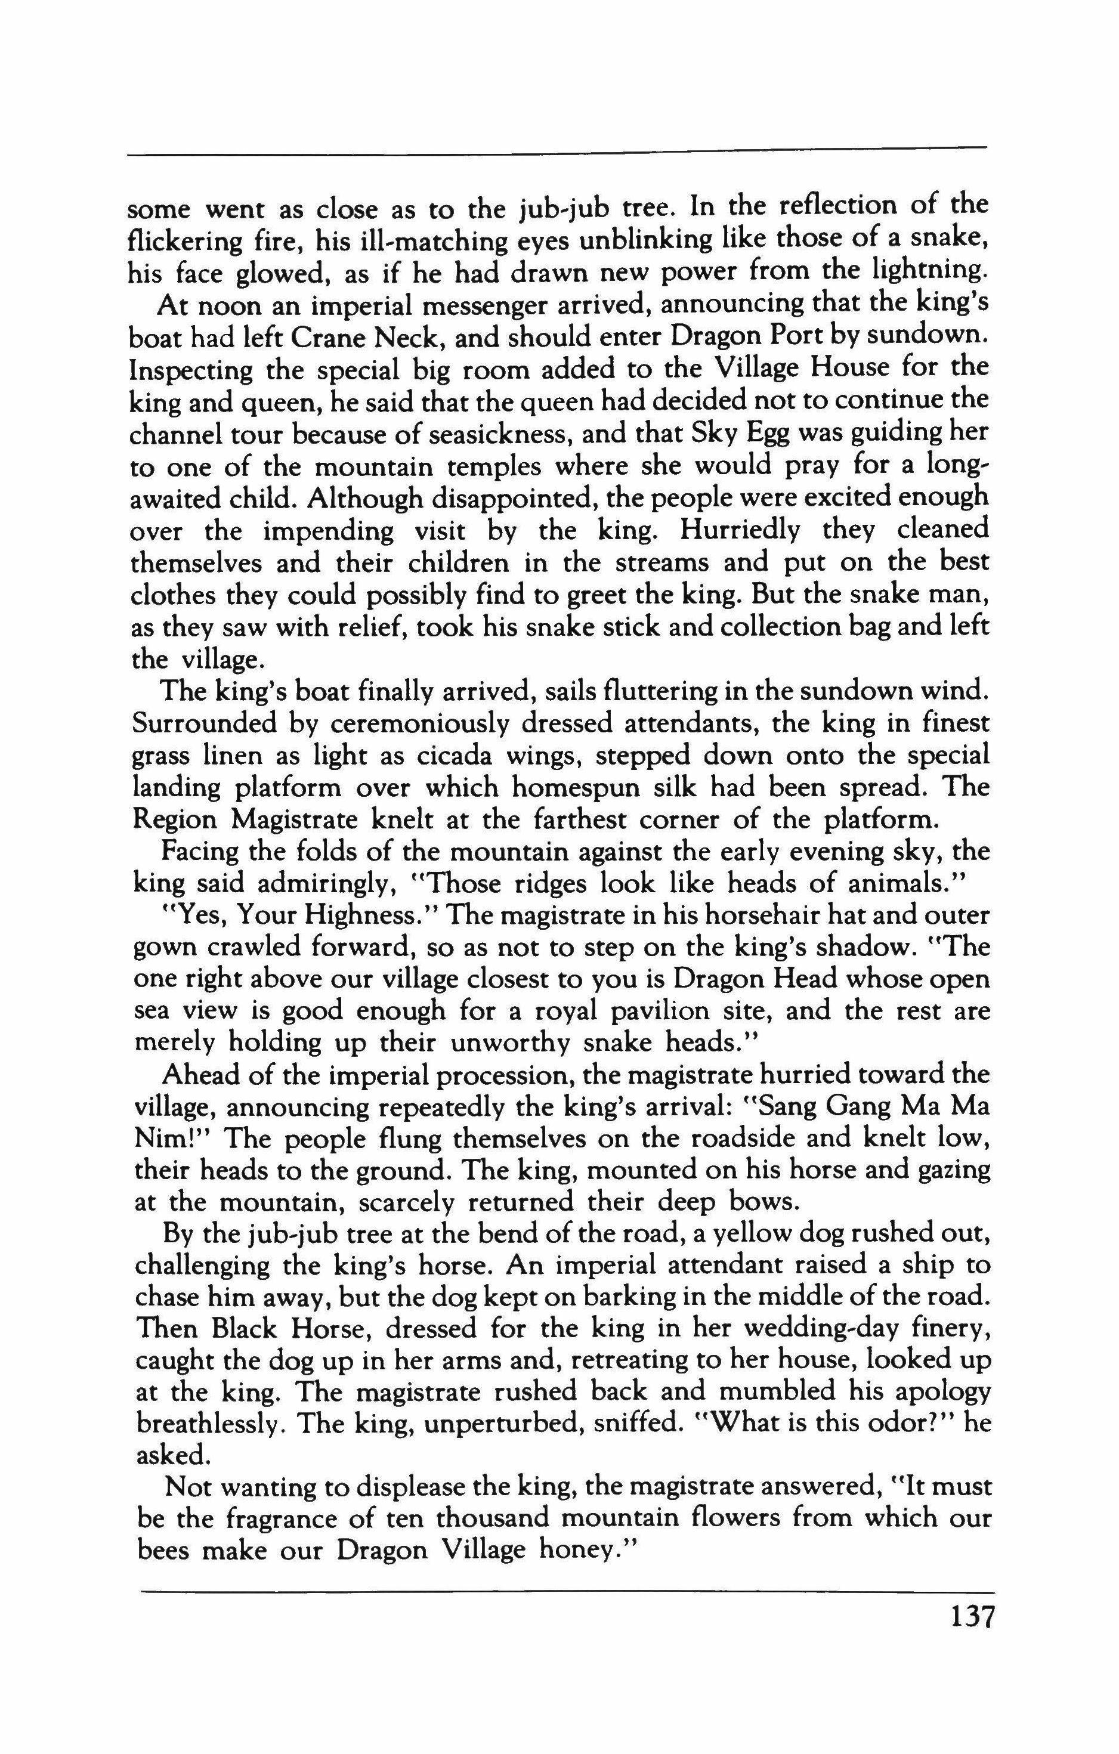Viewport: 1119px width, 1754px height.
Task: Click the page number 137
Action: click(x=972, y=1637)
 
